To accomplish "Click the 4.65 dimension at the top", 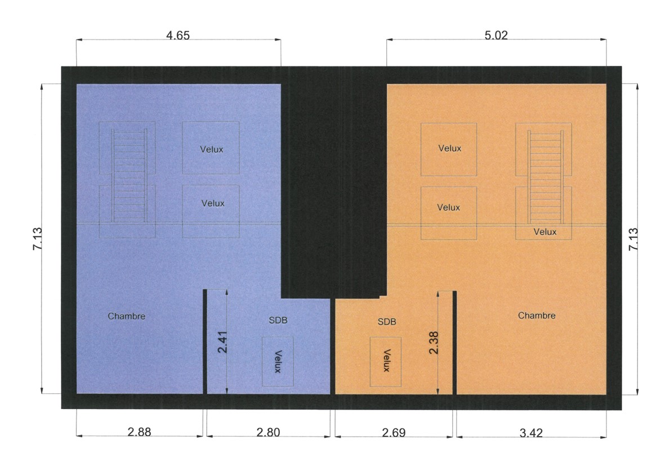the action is pyautogui.click(x=178, y=35).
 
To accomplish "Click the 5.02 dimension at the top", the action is pyautogui.click(x=496, y=35).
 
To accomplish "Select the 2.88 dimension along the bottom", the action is pyautogui.click(x=139, y=432).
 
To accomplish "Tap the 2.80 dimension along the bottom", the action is pyautogui.click(x=268, y=432).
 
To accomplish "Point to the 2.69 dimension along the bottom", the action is pyautogui.click(x=394, y=433).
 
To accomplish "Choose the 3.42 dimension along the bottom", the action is pyautogui.click(x=532, y=433).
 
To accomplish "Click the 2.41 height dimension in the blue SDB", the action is pyautogui.click(x=222, y=342).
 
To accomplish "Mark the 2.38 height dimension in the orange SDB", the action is pyautogui.click(x=434, y=343).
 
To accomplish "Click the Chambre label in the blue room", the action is pyautogui.click(x=126, y=316).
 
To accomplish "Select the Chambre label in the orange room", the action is pyautogui.click(x=537, y=316).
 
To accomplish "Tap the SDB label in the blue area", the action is pyautogui.click(x=278, y=320).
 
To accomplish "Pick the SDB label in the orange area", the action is pyautogui.click(x=387, y=322).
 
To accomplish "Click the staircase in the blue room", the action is pyautogui.click(x=129, y=176).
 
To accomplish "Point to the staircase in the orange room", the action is pyautogui.click(x=546, y=177).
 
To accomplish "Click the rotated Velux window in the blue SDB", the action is pyautogui.click(x=278, y=361).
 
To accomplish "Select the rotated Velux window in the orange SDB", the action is pyautogui.click(x=386, y=362).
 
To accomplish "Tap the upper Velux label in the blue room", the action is pyautogui.click(x=211, y=149).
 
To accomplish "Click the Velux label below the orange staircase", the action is pyautogui.click(x=545, y=232).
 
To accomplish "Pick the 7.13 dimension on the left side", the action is pyautogui.click(x=37, y=239).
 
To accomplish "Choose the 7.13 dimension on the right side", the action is pyautogui.click(x=633, y=239).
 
